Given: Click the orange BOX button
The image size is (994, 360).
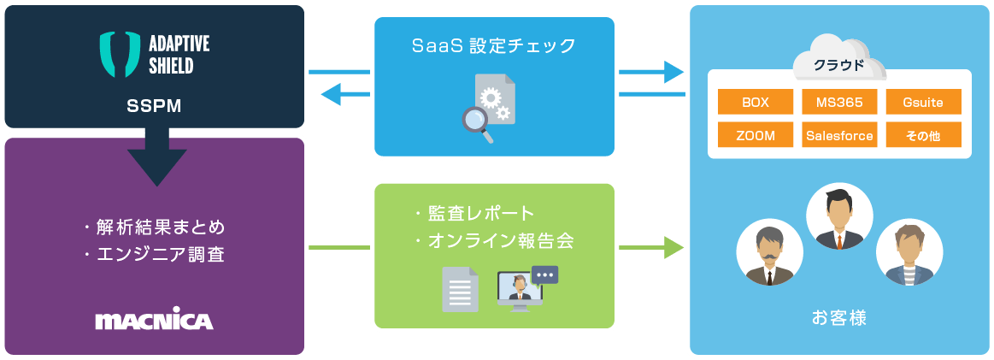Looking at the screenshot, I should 756,102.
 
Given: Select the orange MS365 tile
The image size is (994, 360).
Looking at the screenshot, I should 839,102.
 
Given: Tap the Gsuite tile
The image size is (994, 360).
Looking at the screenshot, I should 923,102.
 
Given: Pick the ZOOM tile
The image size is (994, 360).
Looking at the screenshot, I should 756,135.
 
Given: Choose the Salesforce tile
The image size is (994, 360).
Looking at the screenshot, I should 839,135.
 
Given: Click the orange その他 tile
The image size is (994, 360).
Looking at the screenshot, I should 923,135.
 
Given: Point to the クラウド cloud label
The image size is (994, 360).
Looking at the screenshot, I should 838,64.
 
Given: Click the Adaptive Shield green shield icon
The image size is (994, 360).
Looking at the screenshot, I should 119,54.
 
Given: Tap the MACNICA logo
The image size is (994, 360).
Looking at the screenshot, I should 154,321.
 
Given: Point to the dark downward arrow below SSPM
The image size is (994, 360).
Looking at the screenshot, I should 156,158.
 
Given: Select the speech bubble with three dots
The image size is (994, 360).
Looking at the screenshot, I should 544,274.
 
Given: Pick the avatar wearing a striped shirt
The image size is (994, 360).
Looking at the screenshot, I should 909,253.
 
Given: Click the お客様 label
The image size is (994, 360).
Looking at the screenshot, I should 838,319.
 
